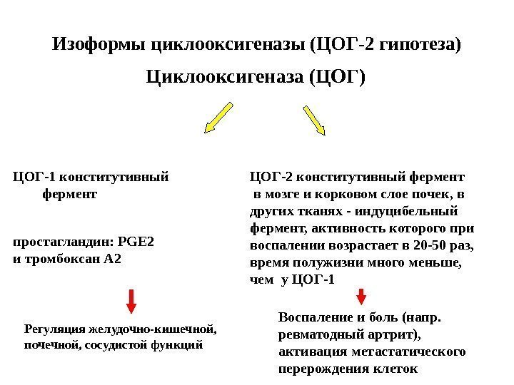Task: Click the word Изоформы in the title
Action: (x=98, y=47)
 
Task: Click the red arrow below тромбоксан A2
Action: (x=132, y=301)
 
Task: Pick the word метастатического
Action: (x=409, y=351)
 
